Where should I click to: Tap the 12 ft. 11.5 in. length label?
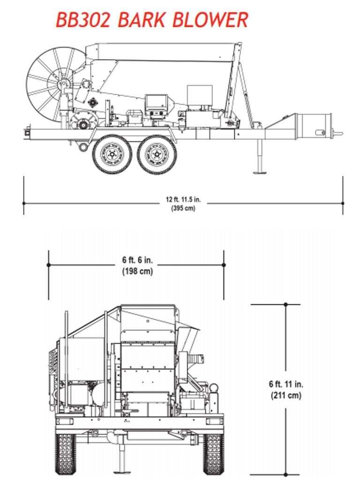[x=183, y=199]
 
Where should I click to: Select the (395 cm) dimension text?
[x=183, y=208]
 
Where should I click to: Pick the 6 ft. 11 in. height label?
[x=286, y=384]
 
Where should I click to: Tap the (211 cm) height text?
[x=286, y=395]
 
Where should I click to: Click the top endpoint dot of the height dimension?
[x=286, y=305]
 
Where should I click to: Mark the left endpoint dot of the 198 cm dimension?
[x=49, y=265]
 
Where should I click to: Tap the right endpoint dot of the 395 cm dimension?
[x=343, y=203]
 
